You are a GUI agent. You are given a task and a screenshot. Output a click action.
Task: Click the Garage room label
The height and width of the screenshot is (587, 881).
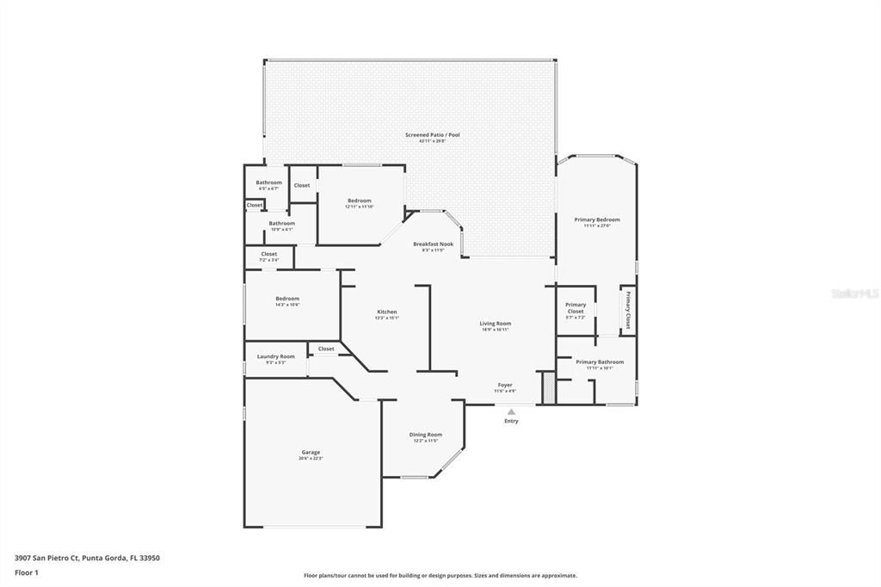tap(311, 453)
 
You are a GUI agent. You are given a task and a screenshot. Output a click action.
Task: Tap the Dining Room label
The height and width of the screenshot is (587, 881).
tap(425, 436)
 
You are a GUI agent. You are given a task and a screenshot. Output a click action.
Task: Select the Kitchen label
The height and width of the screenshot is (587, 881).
tap(387, 312)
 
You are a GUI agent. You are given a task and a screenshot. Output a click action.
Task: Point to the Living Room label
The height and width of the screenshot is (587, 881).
tap(496, 324)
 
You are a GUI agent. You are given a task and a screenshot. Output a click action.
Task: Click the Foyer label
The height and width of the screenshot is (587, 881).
tap(505, 386)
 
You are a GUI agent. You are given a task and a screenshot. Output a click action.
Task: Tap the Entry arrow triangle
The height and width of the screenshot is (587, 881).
tap(511, 411)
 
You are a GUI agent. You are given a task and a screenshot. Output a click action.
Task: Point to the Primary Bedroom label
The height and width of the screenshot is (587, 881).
tap(597, 220)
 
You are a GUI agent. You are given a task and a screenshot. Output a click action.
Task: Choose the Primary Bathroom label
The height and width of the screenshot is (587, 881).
tap(600, 363)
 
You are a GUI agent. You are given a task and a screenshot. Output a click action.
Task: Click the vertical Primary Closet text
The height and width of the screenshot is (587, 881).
tap(628, 311)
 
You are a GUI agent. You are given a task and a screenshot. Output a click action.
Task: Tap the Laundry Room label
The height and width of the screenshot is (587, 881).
tap(275, 357)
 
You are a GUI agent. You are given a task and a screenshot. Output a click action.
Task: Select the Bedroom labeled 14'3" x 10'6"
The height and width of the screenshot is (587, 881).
tap(287, 300)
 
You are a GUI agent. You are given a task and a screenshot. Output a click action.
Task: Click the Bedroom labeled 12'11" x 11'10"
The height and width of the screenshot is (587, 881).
tap(359, 201)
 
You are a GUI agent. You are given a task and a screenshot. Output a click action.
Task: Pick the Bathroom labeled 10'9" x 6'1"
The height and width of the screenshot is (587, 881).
tap(281, 224)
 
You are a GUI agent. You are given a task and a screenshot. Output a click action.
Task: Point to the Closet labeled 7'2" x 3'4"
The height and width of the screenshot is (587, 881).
tap(268, 255)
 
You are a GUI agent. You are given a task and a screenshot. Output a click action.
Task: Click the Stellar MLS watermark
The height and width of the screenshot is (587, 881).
tap(854, 293)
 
